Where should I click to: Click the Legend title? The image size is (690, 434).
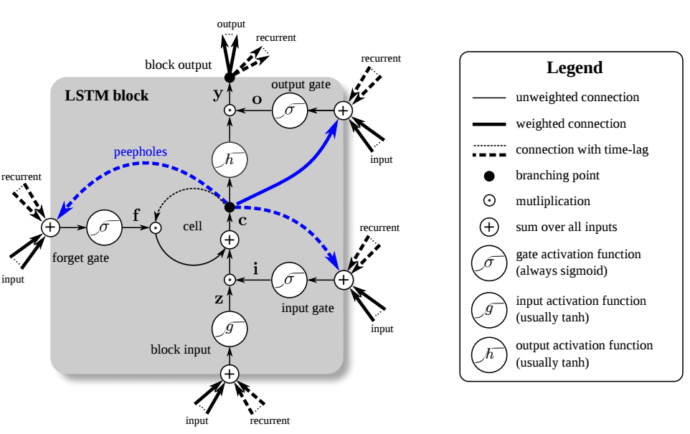[575, 68]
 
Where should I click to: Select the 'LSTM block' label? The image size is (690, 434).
[107, 95]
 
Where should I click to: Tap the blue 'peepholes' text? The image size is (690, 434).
[140, 152]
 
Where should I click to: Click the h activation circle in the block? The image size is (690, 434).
[230, 159]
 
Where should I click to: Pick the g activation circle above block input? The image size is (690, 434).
[230, 329]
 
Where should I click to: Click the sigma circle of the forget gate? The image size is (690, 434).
[104, 227]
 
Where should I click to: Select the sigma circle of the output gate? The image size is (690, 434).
[289, 110]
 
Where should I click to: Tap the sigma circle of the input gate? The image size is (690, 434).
[289, 280]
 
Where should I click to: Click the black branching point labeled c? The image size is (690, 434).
[230, 207]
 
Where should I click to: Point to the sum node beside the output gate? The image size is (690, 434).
[343, 110]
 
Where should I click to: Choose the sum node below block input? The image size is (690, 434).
[230, 374]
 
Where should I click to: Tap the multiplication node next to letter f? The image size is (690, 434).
[154, 227]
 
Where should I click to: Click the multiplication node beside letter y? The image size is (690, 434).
[230, 110]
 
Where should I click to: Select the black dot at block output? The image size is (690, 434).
[230, 77]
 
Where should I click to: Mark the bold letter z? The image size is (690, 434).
[218, 299]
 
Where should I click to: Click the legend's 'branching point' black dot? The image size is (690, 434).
[489, 176]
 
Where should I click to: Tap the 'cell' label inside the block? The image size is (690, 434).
[192, 226]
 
